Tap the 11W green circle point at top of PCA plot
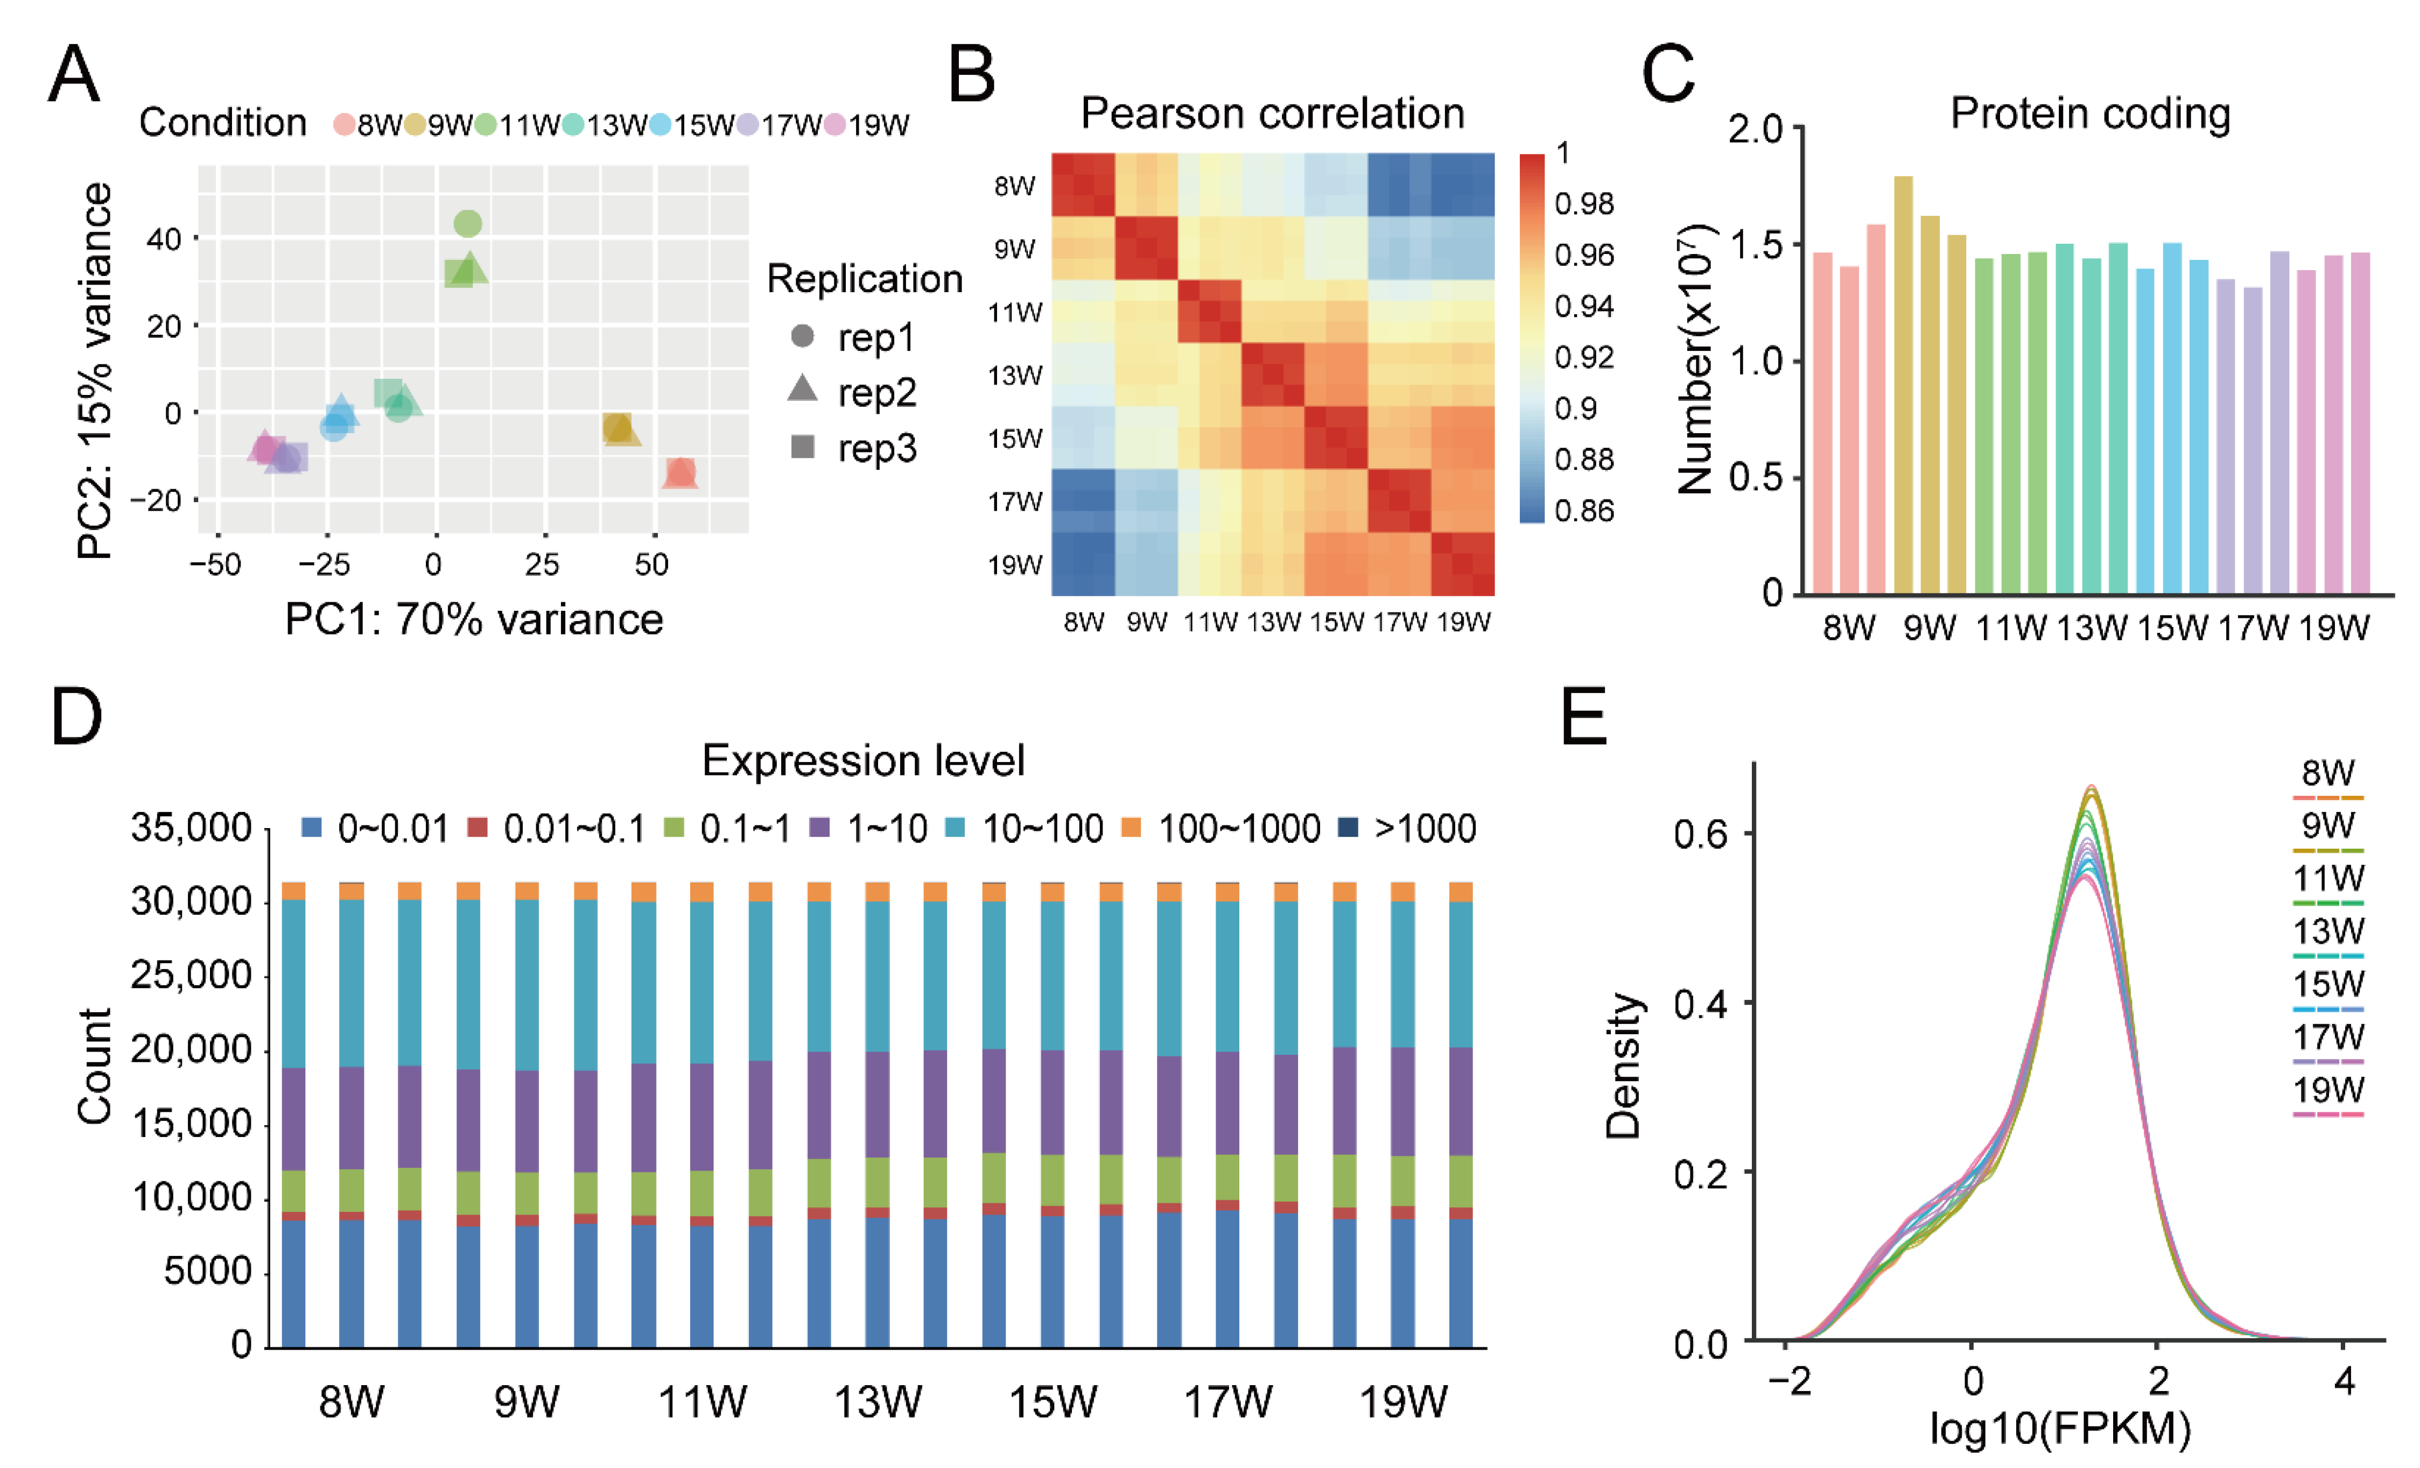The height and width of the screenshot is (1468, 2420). [x=467, y=224]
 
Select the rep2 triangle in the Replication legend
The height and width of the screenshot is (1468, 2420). [x=802, y=389]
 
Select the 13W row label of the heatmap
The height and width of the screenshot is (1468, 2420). [x=1014, y=375]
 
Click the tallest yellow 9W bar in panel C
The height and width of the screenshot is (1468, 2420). [x=1903, y=384]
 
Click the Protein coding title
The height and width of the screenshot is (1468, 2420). [x=2090, y=114]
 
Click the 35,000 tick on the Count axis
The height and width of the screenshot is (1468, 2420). [x=192, y=828]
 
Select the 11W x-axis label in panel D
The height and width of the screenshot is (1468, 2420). [x=702, y=1401]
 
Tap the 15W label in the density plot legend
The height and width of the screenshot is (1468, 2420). [x=2328, y=984]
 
